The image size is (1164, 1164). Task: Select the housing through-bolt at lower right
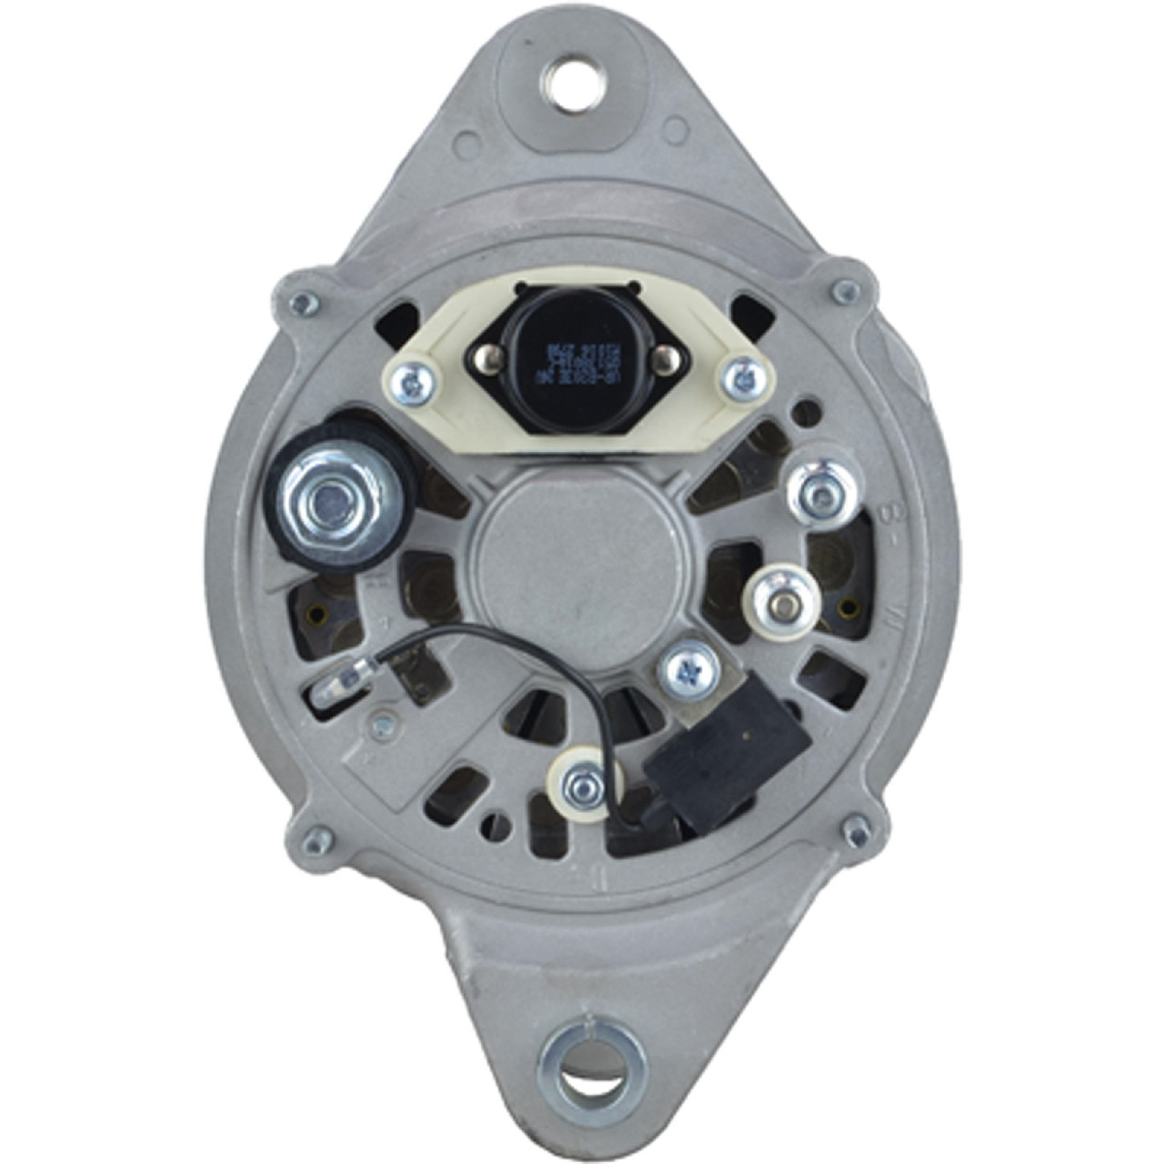pos(856,828)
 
